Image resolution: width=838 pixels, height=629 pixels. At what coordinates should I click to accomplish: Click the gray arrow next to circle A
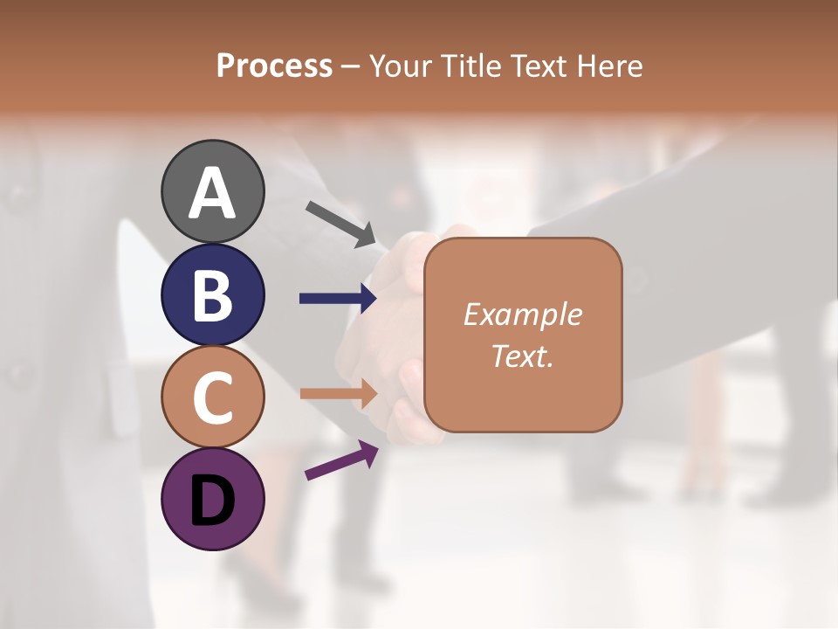coord(340,224)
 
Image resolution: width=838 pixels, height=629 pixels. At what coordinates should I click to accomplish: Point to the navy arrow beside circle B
coord(338,299)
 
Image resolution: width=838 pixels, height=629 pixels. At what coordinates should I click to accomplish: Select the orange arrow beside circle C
coord(338,393)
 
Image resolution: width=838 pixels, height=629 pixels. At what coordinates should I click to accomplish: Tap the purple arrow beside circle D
coord(341,460)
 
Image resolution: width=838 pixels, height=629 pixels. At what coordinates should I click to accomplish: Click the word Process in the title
coord(274,66)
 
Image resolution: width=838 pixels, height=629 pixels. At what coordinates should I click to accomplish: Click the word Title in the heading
coord(472,66)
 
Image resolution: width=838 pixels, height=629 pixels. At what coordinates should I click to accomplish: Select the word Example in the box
coord(522,314)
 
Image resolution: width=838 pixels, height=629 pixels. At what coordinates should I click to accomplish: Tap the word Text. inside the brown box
coord(522,356)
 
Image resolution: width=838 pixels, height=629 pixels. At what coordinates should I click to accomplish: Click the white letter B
coord(212,295)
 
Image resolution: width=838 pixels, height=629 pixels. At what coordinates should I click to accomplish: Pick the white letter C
coord(212,397)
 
